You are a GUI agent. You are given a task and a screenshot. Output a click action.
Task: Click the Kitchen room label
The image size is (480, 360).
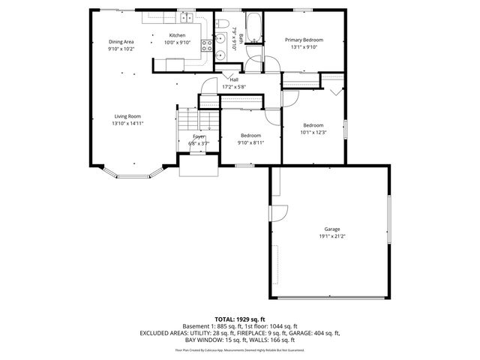click(x=177, y=35)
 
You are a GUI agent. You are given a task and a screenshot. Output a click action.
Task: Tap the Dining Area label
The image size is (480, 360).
click(x=121, y=42)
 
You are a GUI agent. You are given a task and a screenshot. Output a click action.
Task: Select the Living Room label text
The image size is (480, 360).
click(x=127, y=116)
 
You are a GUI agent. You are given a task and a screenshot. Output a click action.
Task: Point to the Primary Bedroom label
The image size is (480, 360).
click(x=303, y=39)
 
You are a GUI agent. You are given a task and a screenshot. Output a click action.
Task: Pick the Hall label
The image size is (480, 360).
click(x=234, y=79)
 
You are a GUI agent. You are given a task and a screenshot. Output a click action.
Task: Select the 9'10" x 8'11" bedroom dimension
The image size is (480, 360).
click(x=250, y=142)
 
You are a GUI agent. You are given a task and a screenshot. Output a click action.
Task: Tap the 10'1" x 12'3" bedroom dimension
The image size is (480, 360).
click(x=313, y=132)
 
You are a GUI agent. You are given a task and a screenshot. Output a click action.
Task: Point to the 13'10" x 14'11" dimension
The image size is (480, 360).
click(x=127, y=123)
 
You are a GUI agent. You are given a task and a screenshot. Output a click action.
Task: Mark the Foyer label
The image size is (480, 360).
click(x=199, y=136)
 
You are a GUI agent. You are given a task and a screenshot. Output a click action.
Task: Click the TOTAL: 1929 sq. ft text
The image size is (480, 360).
click(x=239, y=319)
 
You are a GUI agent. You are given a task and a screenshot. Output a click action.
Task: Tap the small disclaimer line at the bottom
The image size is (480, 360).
click(x=239, y=349)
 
